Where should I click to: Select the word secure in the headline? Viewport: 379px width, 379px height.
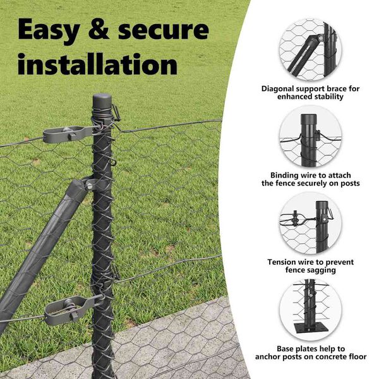pyautogui.click(x=164, y=30)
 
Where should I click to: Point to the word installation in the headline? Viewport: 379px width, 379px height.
pyautogui.click(x=97, y=64)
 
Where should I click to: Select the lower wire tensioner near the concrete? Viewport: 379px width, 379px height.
pyautogui.click(x=69, y=310)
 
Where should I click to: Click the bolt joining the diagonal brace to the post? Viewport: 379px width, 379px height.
pyautogui.click(x=90, y=186)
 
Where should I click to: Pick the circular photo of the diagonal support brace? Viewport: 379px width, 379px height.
pyautogui.click(x=310, y=49)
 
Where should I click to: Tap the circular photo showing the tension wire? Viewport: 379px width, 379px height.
pyautogui.click(x=310, y=223)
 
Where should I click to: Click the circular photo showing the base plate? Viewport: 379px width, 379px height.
pyautogui.click(x=310, y=310)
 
